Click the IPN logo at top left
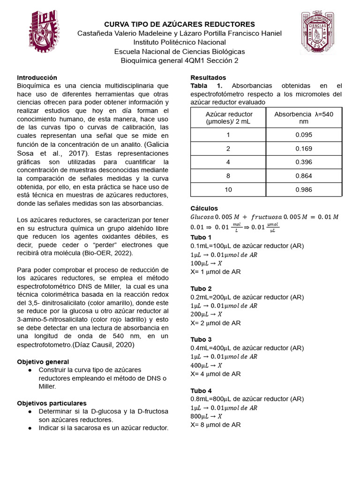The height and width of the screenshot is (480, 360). tap(45, 31)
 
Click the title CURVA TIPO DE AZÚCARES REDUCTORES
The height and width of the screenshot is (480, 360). tap(180, 24)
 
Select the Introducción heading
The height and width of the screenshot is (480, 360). tap(37, 77)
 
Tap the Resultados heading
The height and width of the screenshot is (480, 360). tap(208, 77)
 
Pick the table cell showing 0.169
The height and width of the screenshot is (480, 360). tap(304, 149)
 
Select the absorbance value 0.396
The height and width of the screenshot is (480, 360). tap(304, 162)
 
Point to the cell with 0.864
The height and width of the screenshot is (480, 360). tap(304, 176)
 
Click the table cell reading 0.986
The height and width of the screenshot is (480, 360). tap(304, 189)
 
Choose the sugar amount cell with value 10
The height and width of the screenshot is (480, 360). tap(228, 189)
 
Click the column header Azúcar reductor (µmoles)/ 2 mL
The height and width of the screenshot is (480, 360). tap(229, 118)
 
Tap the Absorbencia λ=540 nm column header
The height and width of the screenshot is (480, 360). tap(304, 118)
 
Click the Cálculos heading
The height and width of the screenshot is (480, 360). tap(204, 208)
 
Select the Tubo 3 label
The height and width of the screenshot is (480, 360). tap(201, 339)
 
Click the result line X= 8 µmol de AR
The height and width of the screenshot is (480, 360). tap(216, 425)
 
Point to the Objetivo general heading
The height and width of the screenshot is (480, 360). tap(43, 362)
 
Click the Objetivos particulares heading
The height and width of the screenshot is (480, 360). tap(52, 403)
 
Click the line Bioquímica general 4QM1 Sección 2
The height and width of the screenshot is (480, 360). tap(180, 60)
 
